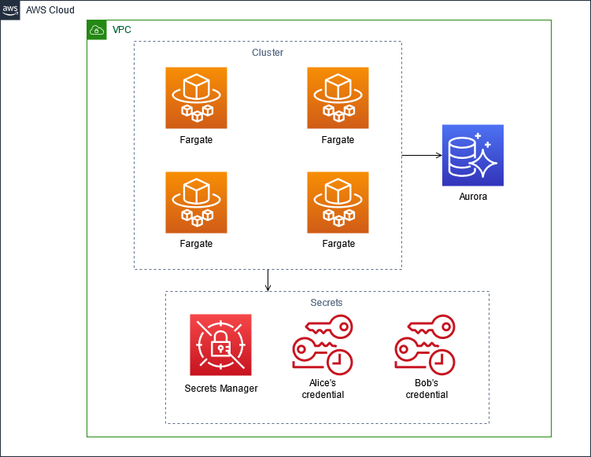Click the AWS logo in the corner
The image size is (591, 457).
click(x=10, y=10)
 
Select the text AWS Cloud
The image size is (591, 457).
click(x=50, y=10)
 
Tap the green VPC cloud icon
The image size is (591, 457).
click(x=97, y=30)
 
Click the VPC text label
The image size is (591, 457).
click(x=122, y=30)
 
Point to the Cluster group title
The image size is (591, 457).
click(x=268, y=53)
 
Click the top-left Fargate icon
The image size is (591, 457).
click(x=196, y=98)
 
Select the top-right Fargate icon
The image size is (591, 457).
click(x=338, y=98)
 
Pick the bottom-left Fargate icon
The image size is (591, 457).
click(x=196, y=202)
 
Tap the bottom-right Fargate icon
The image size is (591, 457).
click(x=338, y=202)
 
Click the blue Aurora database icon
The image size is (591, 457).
click(x=473, y=155)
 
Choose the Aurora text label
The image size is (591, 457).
click(x=473, y=197)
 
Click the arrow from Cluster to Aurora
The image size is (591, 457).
click(x=422, y=155)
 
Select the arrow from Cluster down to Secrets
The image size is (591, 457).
click(x=268, y=280)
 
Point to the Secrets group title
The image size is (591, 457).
click(x=327, y=303)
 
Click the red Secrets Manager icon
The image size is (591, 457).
click(x=220, y=345)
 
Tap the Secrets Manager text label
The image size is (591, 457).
click(x=221, y=388)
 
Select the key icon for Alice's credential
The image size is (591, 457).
click(x=323, y=345)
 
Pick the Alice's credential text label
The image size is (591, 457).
click(x=323, y=389)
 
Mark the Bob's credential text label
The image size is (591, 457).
click(x=427, y=389)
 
